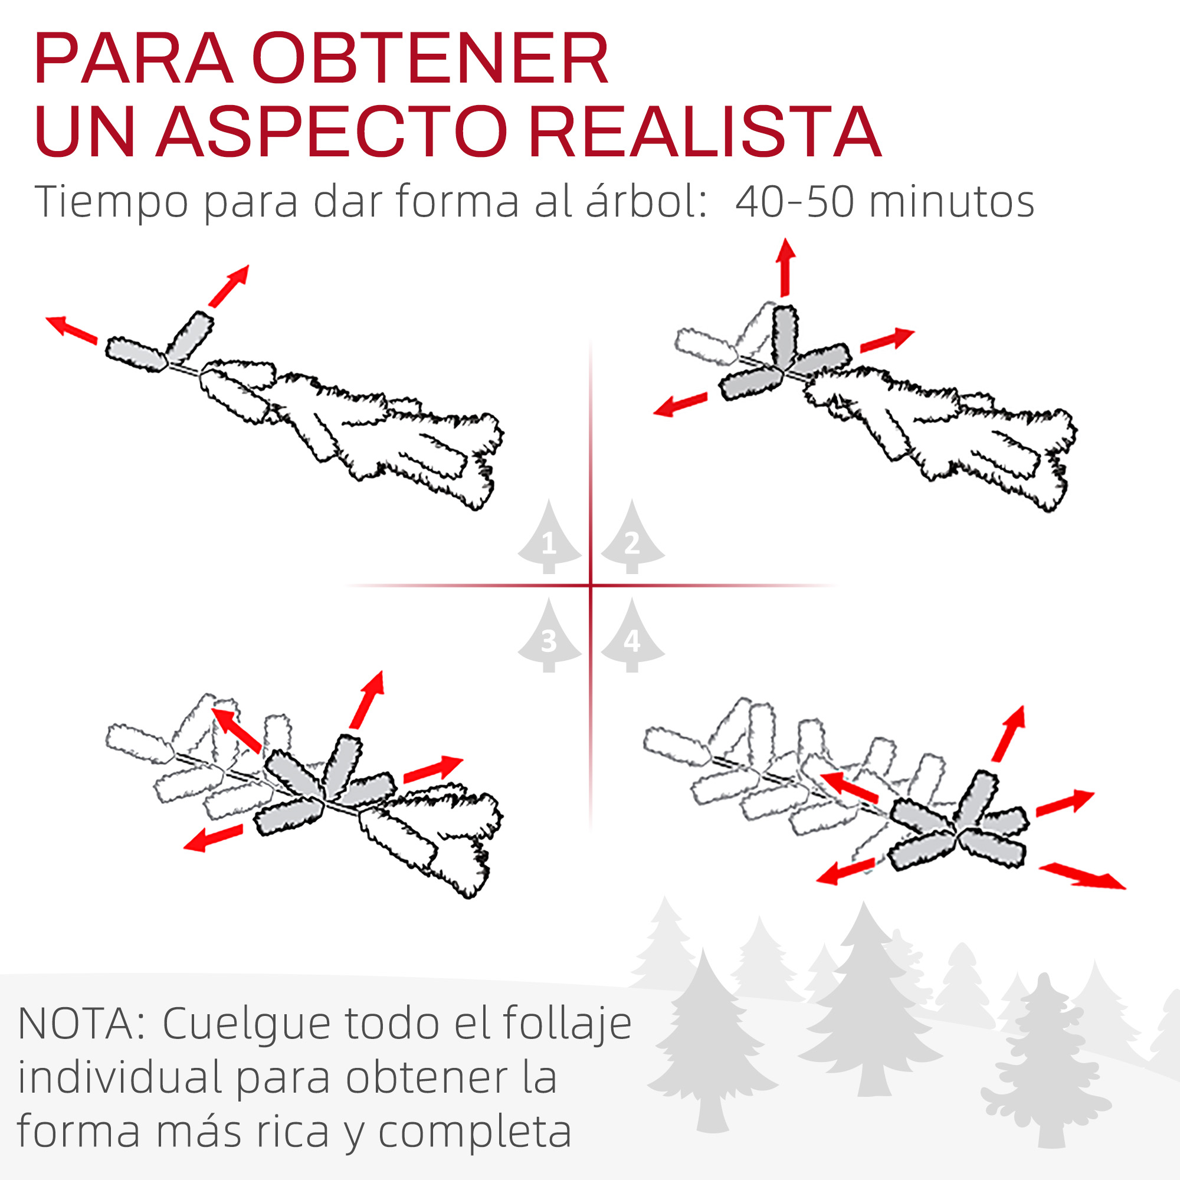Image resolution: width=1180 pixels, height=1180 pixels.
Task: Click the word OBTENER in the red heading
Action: click(431, 58)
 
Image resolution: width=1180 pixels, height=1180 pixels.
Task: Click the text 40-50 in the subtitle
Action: click(794, 202)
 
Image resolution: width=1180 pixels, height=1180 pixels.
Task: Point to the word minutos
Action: click(952, 202)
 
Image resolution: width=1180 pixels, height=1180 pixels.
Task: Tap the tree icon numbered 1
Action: click(549, 537)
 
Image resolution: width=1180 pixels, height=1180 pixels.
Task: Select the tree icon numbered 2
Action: click(632, 537)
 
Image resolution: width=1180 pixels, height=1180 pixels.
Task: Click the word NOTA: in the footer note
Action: click(83, 1024)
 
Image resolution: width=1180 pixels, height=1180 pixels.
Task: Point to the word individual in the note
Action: click(119, 1077)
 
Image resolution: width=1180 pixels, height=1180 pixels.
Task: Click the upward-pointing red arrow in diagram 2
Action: click(785, 267)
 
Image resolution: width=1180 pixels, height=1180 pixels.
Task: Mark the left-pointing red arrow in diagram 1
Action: click(71, 330)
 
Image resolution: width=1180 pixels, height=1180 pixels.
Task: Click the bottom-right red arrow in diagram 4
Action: click(1081, 876)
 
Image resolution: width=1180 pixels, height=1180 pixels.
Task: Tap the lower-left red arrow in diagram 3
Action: click(213, 837)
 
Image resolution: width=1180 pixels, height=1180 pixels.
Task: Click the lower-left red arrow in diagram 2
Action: click(680, 404)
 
